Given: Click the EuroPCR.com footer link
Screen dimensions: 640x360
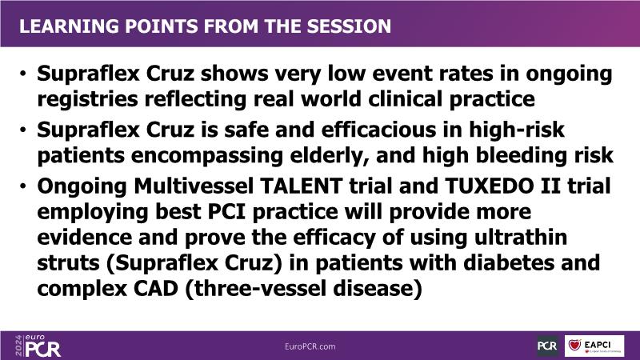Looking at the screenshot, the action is click(x=310, y=346).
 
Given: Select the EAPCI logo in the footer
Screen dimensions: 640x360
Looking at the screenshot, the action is click(x=594, y=346).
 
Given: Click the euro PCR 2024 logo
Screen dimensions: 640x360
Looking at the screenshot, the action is click(x=38, y=346).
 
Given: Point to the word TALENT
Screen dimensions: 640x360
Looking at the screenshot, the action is click(x=301, y=186).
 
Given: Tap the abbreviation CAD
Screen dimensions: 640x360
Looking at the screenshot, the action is click(x=156, y=289).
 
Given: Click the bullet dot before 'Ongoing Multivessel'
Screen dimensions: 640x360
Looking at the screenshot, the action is click(x=23, y=186).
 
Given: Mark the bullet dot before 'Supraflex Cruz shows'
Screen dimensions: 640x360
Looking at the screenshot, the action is click(x=23, y=74).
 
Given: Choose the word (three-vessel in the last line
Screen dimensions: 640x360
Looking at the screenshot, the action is click(x=256, y=289).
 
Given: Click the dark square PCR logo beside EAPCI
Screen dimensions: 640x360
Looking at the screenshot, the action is click(x=548, y=346).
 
